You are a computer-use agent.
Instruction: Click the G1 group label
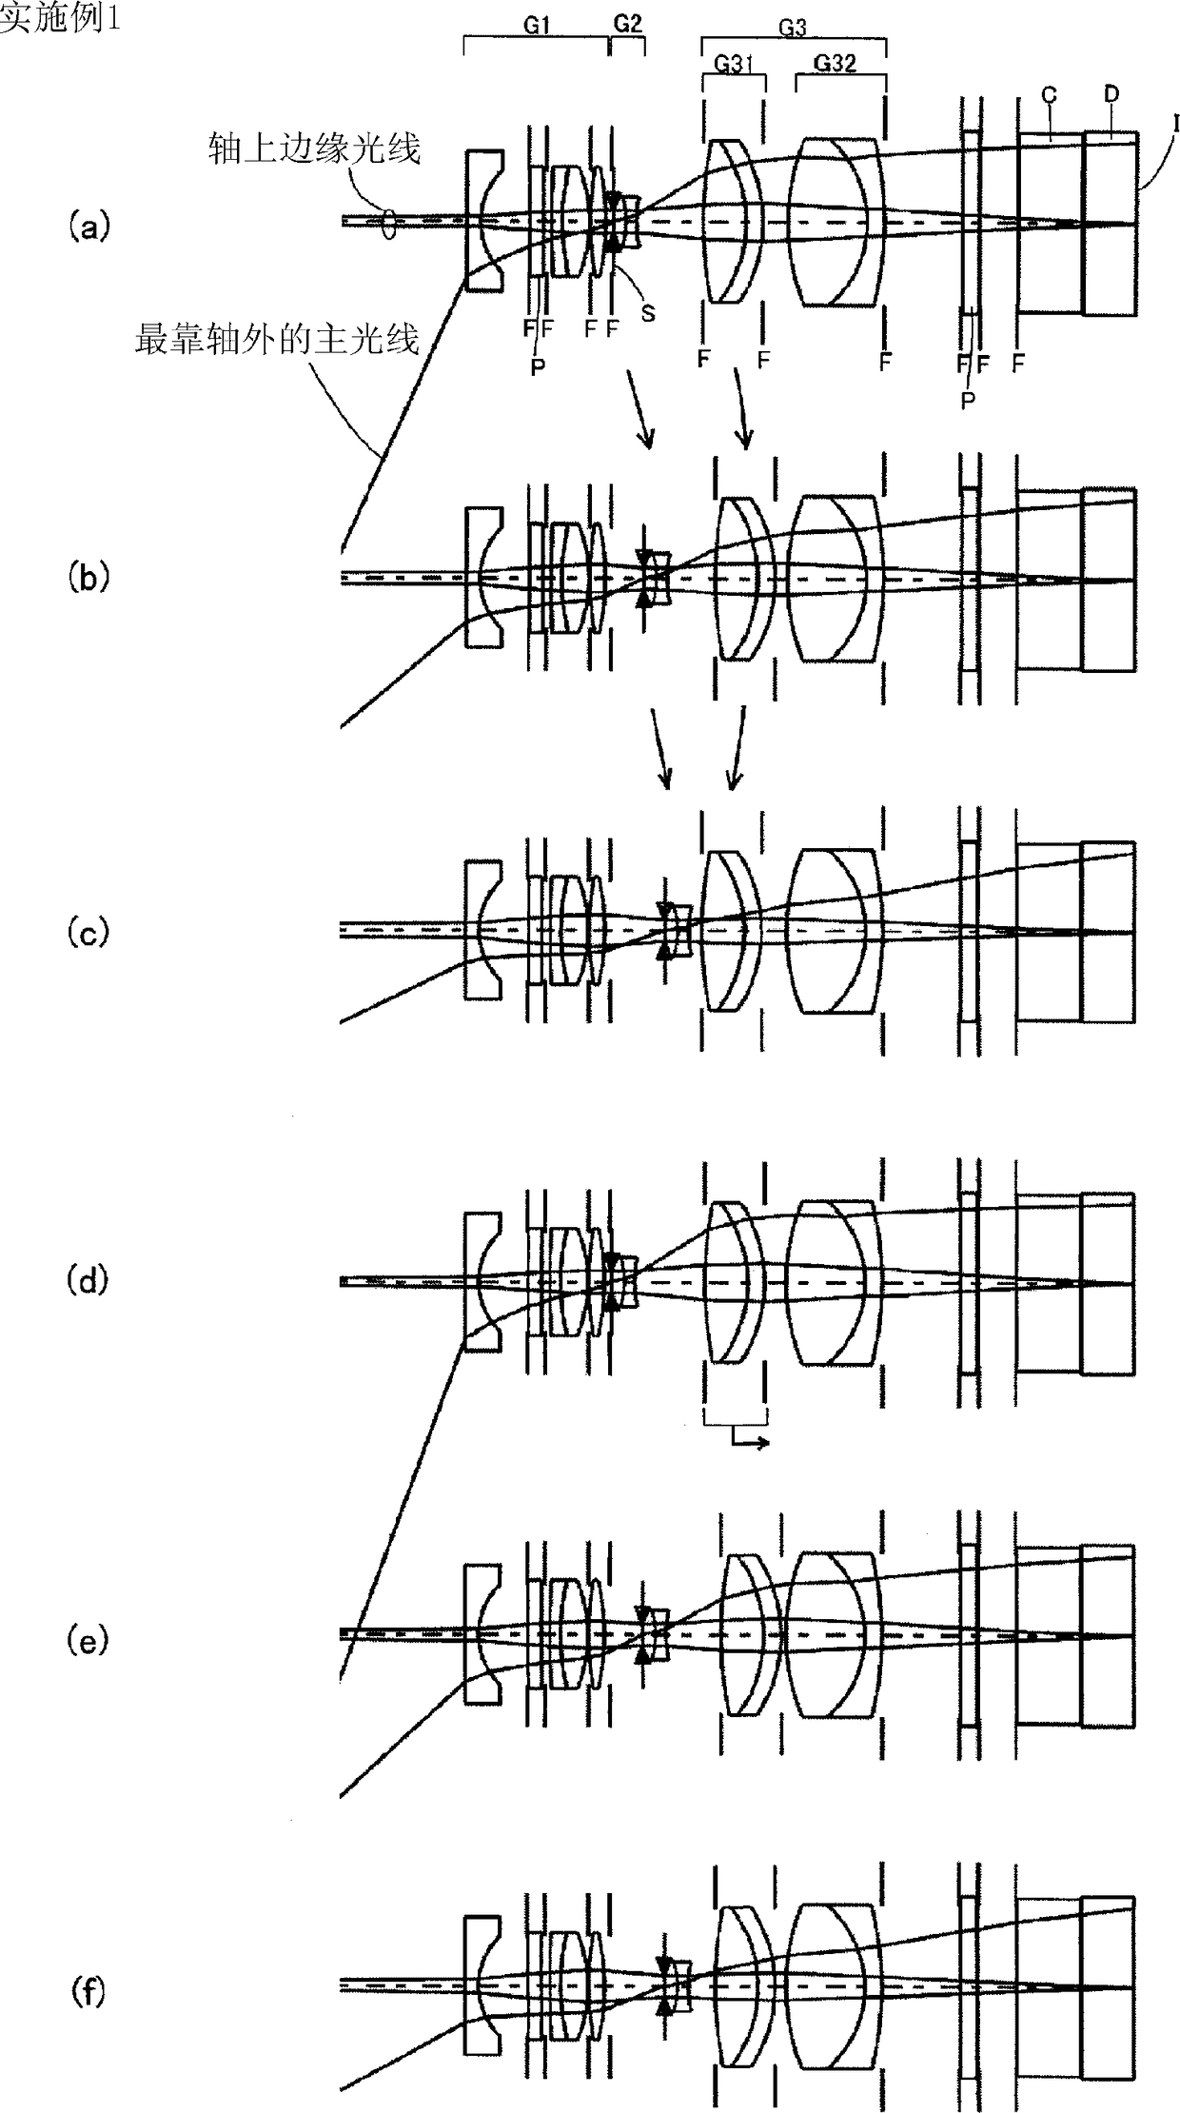(538, 26)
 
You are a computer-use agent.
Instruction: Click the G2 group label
(627, 24)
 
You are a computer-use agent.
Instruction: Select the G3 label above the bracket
(793, 28)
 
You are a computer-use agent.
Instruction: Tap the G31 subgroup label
(733, 64)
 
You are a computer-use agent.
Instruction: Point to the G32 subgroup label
(835, 64)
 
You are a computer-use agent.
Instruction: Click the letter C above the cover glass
(1050, 95)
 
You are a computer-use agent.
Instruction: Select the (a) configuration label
(89, 227)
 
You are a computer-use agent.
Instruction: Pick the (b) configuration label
(89, 580)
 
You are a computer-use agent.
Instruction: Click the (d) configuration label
(89, 1281)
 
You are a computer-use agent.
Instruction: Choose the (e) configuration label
(89, 1641)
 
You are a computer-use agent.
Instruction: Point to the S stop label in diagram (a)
(648, 313)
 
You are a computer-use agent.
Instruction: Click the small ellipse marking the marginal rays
(387, 225)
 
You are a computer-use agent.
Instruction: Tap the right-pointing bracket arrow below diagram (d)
(752, 1443)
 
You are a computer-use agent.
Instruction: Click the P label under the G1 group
(539, 367)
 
